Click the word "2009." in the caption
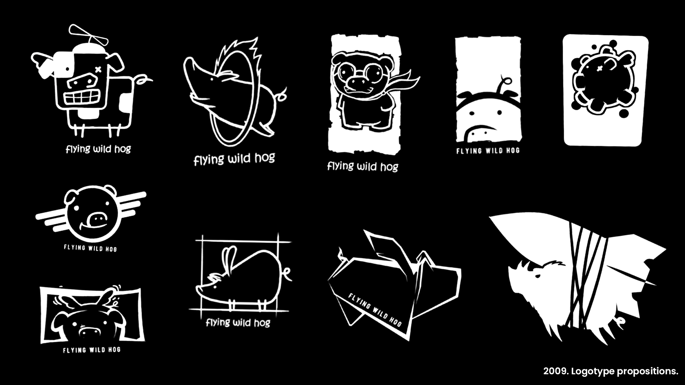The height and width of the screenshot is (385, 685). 556,371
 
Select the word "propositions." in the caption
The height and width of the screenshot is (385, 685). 648,371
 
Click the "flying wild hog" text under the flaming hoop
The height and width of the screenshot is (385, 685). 234,159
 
